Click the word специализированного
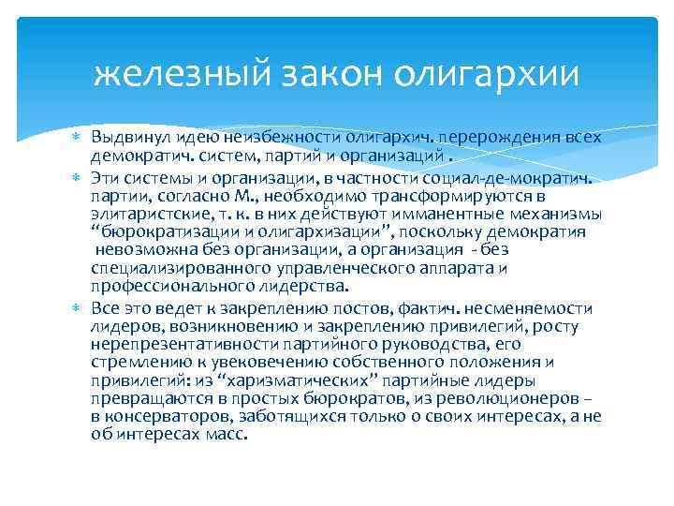(x=165, y=269)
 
